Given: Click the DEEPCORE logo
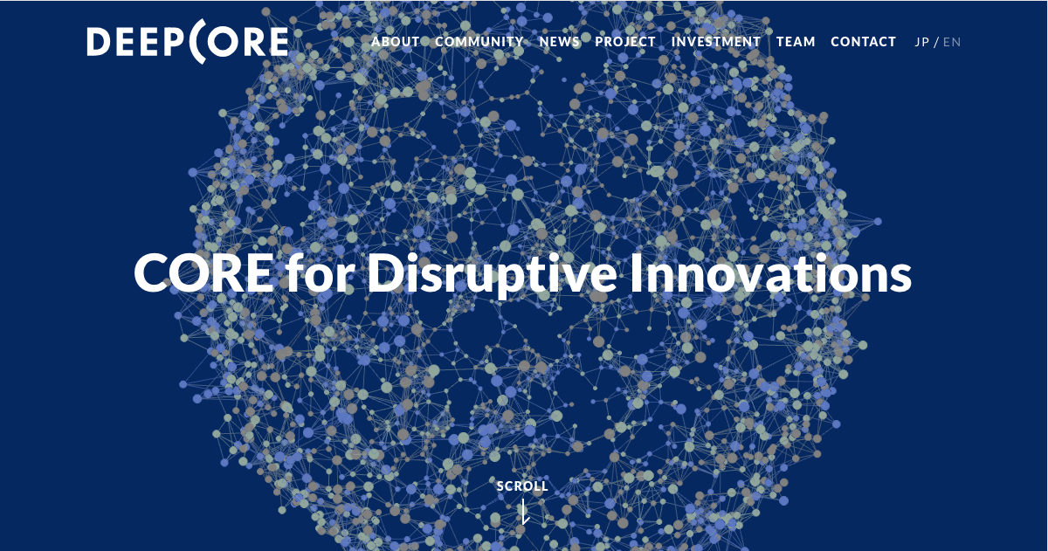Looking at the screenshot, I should point(187,42).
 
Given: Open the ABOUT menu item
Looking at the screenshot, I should point(396,42).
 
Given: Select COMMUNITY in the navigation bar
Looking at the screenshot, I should point(479,42).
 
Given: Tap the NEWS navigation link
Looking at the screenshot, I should point(560,42).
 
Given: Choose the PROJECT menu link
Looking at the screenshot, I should point(625,42).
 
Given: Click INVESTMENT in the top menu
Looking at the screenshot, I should point(716,42).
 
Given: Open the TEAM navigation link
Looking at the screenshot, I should point(796,42).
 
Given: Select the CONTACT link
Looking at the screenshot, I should point(863,42).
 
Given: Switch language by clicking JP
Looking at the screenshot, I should point(921,42).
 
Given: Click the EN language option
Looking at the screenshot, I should point(952,42).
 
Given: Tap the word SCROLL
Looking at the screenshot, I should point(522,486).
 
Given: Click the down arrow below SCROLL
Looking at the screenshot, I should point(524,513).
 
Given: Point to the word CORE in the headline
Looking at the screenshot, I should point(203,273).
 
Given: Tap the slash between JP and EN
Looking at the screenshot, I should point(936,42).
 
